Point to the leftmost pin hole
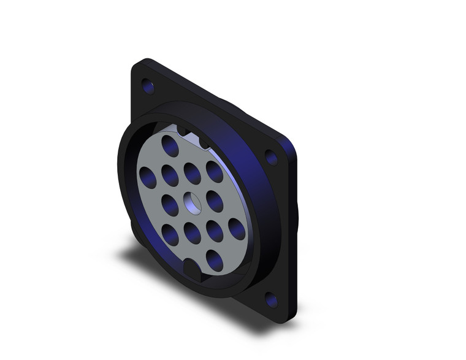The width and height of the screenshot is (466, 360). coord(147,177)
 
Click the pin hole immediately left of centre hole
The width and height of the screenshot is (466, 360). coord(169,202)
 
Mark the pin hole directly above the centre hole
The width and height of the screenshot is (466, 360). coord(191,172)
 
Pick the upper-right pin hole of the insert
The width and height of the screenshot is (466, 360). coord(213,172)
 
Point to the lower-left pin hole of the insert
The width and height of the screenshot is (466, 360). coord(169,231)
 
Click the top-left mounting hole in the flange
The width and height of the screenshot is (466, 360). coord(147,85)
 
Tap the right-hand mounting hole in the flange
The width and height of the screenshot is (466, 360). coord(270,158)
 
